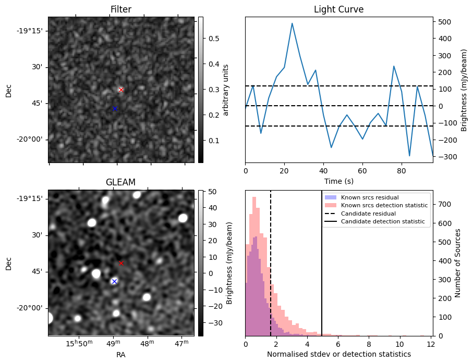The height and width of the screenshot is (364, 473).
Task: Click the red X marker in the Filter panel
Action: (x=121, y=90)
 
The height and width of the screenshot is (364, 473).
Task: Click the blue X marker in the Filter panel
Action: (x=115, y=108)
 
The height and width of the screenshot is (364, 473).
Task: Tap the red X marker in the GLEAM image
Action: (x=121, y=263)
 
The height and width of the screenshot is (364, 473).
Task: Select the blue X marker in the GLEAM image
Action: (x=114, y=281)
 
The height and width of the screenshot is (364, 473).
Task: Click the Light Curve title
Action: (x=338, y=10)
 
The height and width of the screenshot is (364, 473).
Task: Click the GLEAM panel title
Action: (x=120, y=182)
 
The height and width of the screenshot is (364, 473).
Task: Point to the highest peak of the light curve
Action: (x=292, y=23)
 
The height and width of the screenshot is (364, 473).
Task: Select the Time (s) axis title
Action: (x=338, y=180)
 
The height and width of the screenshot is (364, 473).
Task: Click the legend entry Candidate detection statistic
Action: (x=384, y=222)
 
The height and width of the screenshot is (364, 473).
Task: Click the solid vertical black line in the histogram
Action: (x=322, y=271)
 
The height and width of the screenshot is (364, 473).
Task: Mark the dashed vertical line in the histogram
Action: (x=271, y=271)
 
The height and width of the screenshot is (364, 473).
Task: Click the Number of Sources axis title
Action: (x=458, y=263)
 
